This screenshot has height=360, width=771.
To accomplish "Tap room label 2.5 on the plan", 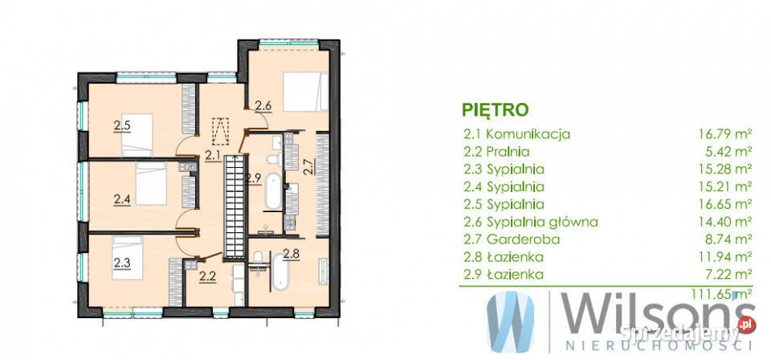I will pos(121,125).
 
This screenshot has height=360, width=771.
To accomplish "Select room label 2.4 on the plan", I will pos(121,198).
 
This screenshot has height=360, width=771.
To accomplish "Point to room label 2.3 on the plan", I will pos(121,261).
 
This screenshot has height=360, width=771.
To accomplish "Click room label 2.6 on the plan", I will pos(263,104).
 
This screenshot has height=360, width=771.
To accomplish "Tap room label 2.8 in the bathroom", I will pos(292,255).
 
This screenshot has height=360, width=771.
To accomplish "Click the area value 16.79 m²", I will pos(724,134).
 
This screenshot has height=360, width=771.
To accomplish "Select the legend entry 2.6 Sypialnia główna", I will pos(531,222).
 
